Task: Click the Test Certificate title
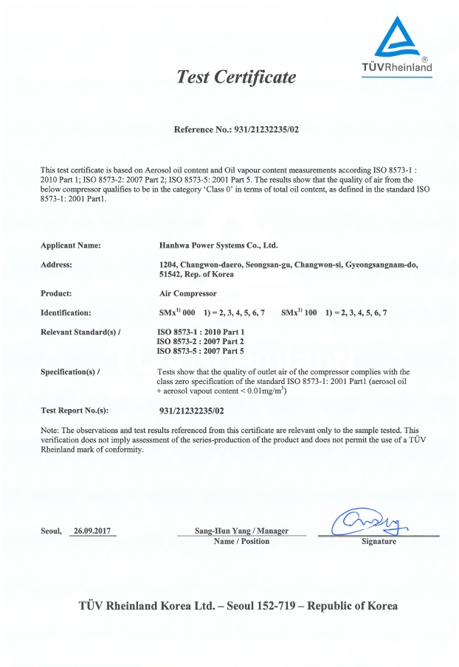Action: coord(235,77)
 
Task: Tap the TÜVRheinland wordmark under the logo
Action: coord(396,68)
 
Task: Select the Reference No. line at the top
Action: coord(235,130)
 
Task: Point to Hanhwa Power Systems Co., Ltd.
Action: coord(218,245)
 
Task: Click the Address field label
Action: coord(56,264)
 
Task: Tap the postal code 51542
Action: coord(173,275)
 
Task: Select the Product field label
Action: coord(55,293)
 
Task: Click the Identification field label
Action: coord(66,313)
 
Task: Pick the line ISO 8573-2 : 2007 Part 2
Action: coord(201,342)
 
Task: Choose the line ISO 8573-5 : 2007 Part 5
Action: coord(201,352)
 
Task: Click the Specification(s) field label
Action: coord(69,371)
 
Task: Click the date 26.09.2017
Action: coord(95,531)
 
